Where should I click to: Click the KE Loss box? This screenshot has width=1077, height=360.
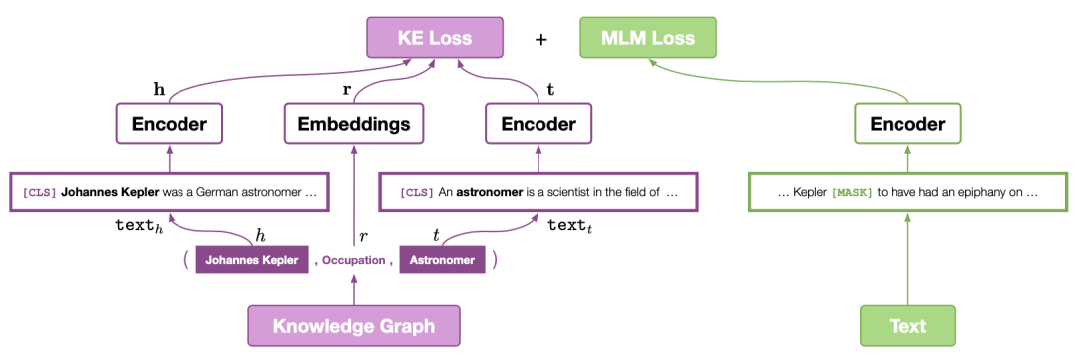point(435,37)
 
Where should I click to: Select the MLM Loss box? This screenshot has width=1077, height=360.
point(648,37)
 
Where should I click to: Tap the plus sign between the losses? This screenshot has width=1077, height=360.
point(541,39)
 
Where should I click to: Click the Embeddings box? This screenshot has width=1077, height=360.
point(354,124)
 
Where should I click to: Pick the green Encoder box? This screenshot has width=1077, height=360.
point(907,124)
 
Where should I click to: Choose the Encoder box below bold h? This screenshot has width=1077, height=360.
point(170,124)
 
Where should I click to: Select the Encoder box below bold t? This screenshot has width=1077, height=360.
point(538,124)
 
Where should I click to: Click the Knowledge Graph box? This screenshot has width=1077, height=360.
point(354,326)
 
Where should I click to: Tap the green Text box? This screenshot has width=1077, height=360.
point(907,326)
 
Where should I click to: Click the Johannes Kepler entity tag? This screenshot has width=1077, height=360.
point(252,261)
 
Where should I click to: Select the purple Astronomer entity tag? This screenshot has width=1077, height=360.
point(443,261)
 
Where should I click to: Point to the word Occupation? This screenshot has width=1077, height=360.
point(354,261)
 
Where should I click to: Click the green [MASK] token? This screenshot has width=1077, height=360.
point(851,193)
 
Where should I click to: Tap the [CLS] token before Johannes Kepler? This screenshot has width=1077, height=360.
point(39,193)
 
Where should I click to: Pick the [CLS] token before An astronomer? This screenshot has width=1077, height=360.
point(416,193)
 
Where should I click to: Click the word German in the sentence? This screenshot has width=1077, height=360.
point(219,193)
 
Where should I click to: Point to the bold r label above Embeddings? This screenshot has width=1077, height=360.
point(346,89)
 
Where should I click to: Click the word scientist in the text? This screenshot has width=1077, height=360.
point(563,193)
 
